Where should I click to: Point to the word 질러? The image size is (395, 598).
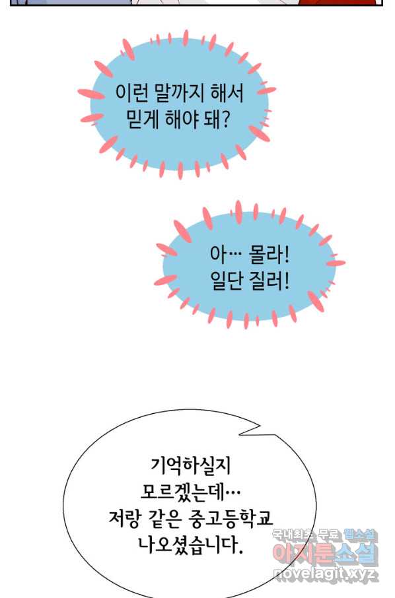pyautogui.click(x=269, y=282)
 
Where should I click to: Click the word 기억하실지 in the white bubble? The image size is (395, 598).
pyautogui.click(x=191, y=466)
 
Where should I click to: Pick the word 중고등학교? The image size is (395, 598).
pyautogui.click(x=231, y=519)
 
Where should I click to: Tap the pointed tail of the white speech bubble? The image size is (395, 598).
pyautogui.click(x=240, y=434)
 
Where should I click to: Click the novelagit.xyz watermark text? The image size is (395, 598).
pyautogui.click(x=326, y=574)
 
